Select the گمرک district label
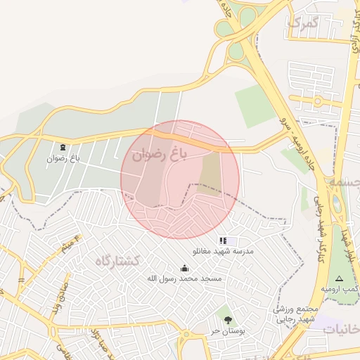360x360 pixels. [303, 22]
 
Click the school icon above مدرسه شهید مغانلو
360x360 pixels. [223, 240]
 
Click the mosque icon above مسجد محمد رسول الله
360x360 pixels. [184, 268]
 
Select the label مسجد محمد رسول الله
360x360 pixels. [184, 279]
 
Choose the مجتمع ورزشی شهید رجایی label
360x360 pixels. [296, 314]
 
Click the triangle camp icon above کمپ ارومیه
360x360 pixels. [340, 278]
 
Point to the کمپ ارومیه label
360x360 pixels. [340, 289]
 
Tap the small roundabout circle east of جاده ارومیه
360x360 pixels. [319, 101]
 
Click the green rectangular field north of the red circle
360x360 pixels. [255, 105]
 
